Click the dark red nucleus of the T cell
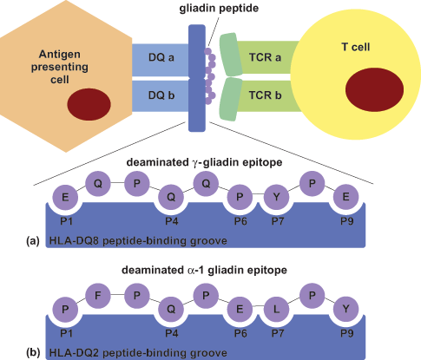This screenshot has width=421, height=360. coord(374,89)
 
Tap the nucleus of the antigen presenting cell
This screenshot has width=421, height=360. coord(89,104)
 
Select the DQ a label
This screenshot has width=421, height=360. coord(161,57)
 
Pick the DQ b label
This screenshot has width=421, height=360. coord(161,95)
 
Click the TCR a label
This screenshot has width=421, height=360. coord(265,57)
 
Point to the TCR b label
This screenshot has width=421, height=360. coord(265,95)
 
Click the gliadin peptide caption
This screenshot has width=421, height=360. coord(219,9)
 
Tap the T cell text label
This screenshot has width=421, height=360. coord(356,47)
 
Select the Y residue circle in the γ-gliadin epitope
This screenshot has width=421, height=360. coord(277,197)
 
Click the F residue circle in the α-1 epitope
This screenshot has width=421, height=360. coord(98,296)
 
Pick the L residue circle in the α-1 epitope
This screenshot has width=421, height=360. coord(277,309)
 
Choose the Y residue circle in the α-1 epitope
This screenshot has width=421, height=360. coord(346,309)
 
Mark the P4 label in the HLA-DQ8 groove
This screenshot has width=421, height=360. coord(172,221)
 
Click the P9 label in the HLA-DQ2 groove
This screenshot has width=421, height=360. coord(347,334)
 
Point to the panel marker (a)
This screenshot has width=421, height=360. coord(33,241)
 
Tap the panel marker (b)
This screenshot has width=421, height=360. coord(33,353)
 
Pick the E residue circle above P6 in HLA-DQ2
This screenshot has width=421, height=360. coord(240,309)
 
